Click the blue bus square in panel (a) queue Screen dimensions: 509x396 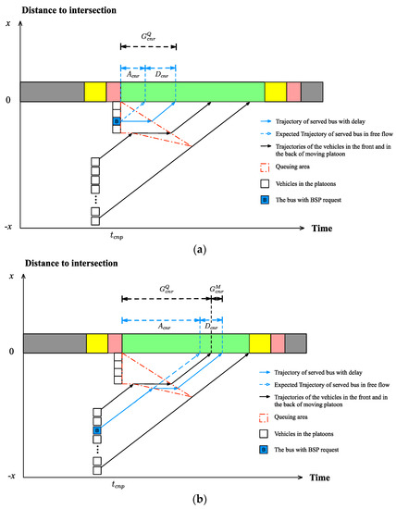point(117,121)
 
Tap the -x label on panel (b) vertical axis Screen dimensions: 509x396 point(10,474)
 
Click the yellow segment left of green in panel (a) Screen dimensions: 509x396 point(95,92)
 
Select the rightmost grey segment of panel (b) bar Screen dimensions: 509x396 point(296,343)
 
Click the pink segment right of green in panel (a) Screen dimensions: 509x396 point(293,92)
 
